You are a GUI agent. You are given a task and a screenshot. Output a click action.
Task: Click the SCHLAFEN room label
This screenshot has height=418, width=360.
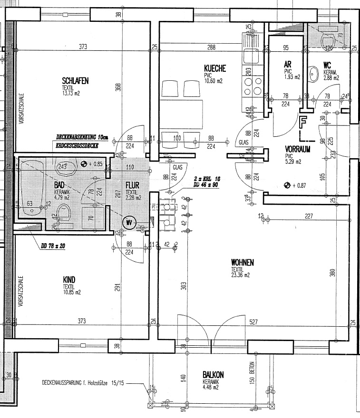coord(75,81)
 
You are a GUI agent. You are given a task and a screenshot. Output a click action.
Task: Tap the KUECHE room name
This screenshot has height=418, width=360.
coord(214,68)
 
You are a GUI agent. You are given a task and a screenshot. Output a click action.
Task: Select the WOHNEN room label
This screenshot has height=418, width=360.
coord(242,262)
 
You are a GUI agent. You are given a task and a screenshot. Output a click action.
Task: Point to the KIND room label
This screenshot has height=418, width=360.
coord(69,280)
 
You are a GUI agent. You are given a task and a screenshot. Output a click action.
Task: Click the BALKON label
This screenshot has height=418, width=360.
coord(213,375)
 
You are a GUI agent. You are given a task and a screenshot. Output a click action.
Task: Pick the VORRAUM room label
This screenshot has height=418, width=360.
coord(298,148)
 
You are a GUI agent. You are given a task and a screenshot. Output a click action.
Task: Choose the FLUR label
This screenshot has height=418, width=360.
coord(132,185)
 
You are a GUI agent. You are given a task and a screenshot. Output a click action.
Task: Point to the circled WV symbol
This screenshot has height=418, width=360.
coord(129,221)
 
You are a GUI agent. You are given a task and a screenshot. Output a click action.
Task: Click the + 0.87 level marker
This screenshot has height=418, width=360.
coord(296,185)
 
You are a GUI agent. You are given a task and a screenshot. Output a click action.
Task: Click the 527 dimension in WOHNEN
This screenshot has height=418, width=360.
coord(253,323)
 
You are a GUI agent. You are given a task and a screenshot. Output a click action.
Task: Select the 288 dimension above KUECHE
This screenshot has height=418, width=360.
coord(211,47)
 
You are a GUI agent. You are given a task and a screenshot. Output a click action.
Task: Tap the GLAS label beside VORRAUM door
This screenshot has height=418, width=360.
coord(243,142)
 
